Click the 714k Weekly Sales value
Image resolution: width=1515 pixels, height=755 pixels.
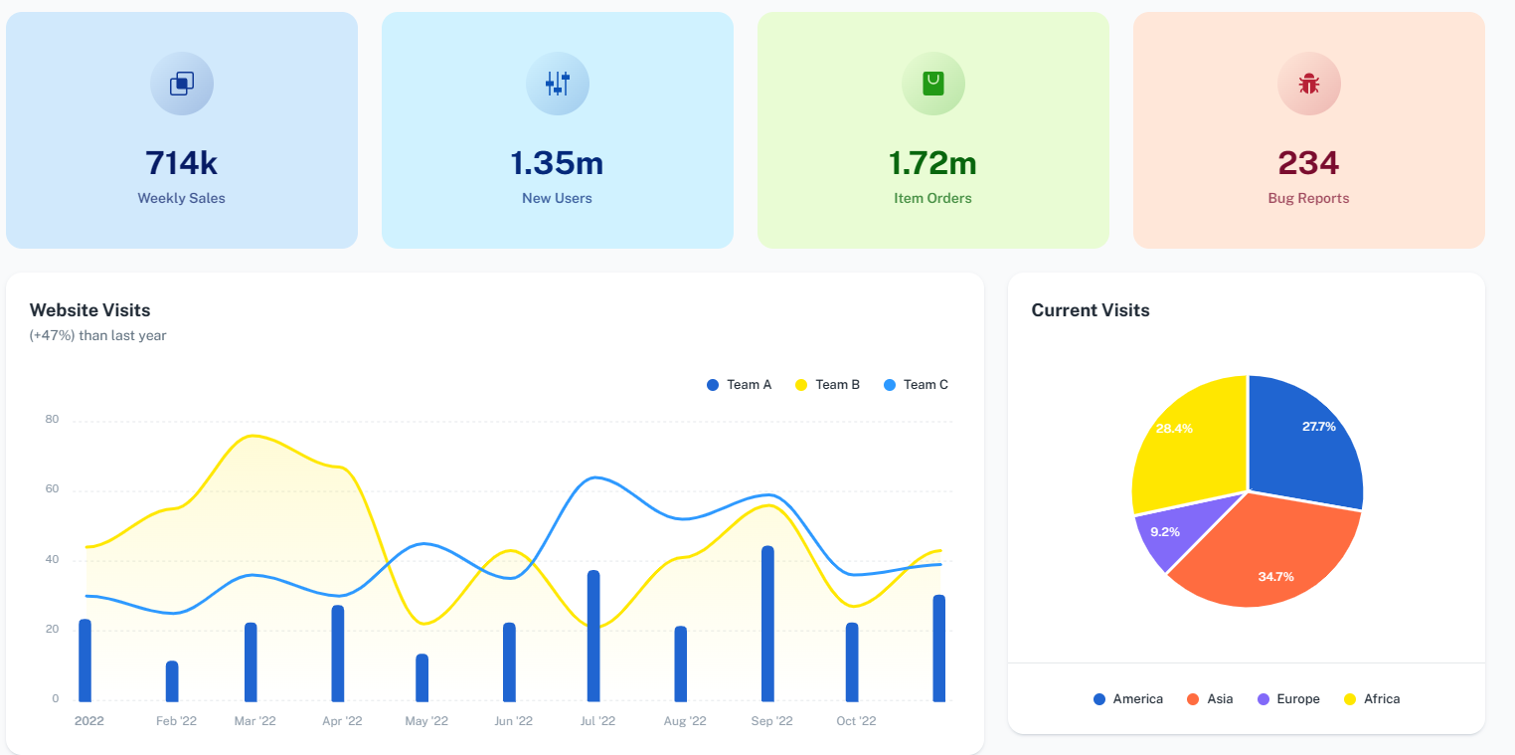click(181, 163)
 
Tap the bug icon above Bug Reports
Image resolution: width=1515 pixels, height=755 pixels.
click(1308, 84)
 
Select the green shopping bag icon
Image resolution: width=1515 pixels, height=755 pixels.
click(932, 84)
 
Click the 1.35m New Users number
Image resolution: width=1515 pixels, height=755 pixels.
click(557, 163)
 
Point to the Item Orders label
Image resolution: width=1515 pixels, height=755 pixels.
click(932, 198)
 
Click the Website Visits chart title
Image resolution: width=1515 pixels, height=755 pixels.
click(90, 310)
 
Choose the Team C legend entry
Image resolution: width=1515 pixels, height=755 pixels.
click(916, 385)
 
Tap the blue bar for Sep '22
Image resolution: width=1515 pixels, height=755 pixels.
click(767, 625)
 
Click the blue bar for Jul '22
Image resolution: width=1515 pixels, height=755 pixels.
click(593, 637)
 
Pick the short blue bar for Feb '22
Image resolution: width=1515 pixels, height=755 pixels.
click(172, 681)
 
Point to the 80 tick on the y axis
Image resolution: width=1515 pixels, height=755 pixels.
click(52, 420)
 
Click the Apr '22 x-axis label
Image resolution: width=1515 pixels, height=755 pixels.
click(342, 721)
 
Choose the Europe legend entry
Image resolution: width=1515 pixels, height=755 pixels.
click(1288, 699)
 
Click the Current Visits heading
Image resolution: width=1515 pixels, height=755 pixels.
click(1090, 310)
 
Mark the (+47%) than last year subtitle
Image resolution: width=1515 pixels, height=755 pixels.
click(98, 336)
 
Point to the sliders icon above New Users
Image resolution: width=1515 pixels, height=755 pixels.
click(557, 84)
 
